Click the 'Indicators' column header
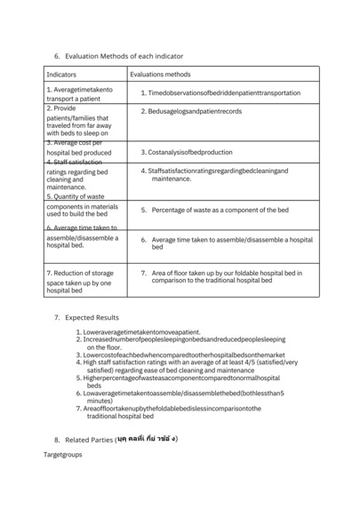pos(61,75)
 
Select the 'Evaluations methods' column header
pos(161,75)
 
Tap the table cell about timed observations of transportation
pos(220,92)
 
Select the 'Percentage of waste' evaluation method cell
pos(220,210)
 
